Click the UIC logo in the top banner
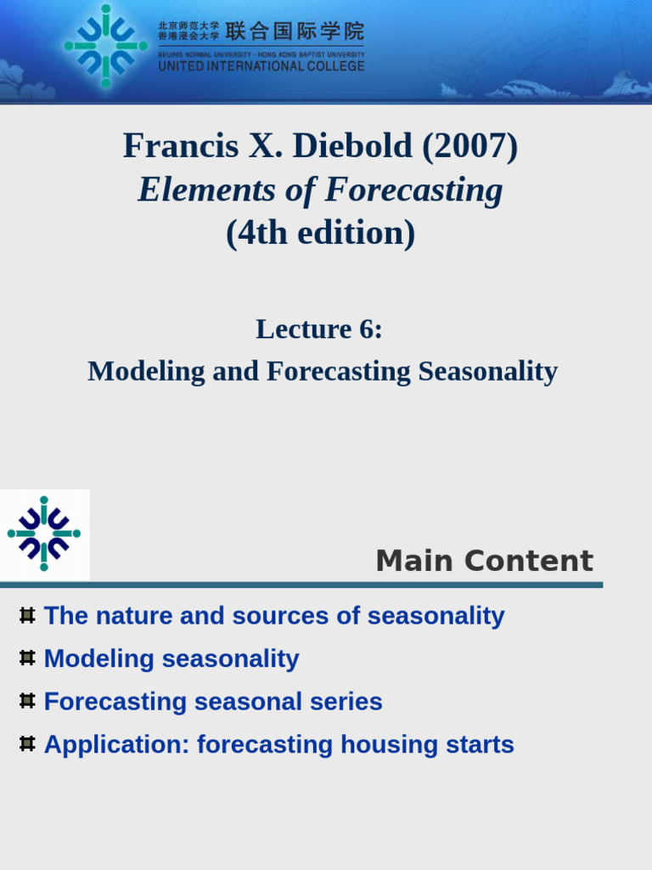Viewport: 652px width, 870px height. (x=105, y=46)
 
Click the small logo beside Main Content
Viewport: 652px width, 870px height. (x=44, y=534)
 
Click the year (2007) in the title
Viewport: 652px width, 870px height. (x=469, y=147)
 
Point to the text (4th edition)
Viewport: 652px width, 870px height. (x=320, y=233)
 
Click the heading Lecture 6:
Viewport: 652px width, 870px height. (x=319, y=329)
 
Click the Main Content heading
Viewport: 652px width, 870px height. (x=484, y=561)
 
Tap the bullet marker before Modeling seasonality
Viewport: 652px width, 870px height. (x=27, y=658)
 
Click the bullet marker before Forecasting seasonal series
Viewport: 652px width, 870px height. (x=27, y=701)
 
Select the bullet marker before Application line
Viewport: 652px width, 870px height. (x=27, y=743)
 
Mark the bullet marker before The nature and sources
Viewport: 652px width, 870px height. (x=27, y=615)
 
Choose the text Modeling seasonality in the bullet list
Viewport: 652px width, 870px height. (x=171, y=658)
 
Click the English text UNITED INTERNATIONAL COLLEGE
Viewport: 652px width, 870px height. (x=261, y=66)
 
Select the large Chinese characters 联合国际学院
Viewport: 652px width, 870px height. (x=295, y=32)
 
